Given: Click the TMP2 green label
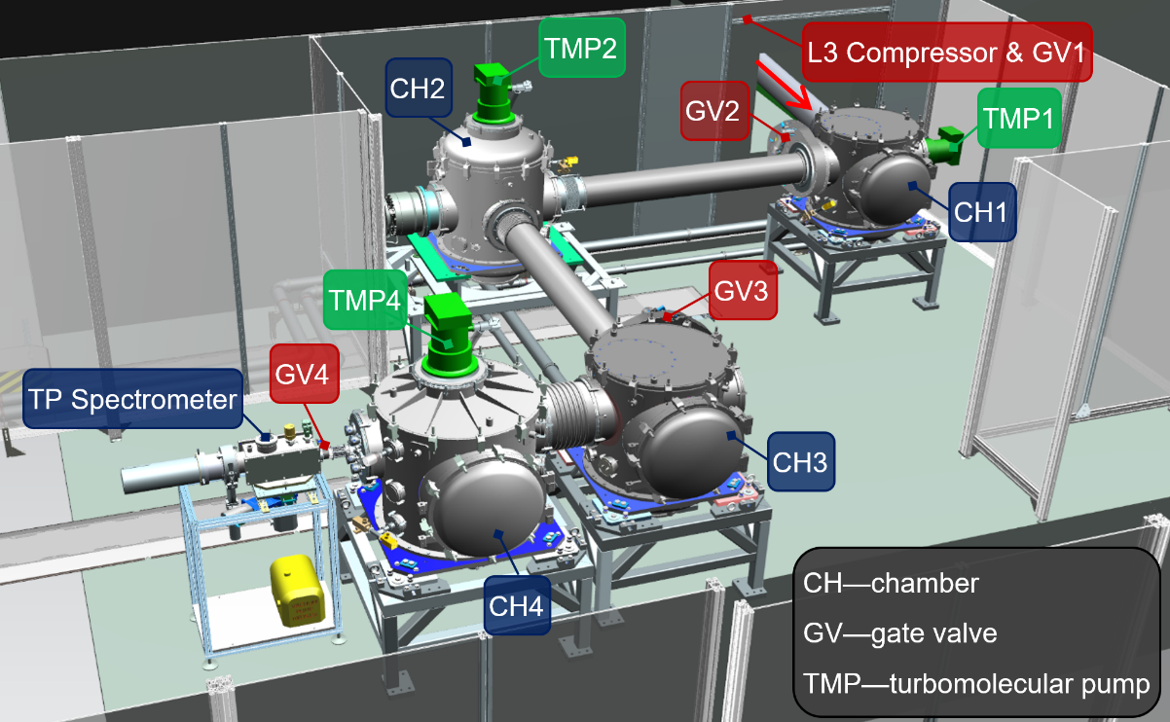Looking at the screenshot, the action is coord(582,48).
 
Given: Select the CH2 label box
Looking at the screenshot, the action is coord(419,88).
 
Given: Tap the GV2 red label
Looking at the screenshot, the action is coord(714,111).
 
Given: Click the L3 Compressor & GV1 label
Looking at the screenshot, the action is coord(947,52).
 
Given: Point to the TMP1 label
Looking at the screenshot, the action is coord(1019,118).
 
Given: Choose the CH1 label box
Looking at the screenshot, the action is coord(982,212).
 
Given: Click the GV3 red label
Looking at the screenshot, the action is coord(743,290).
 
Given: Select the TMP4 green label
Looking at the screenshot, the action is coord(365,300).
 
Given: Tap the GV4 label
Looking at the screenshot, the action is coord(304,374).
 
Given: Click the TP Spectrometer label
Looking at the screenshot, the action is coord(132,399).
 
